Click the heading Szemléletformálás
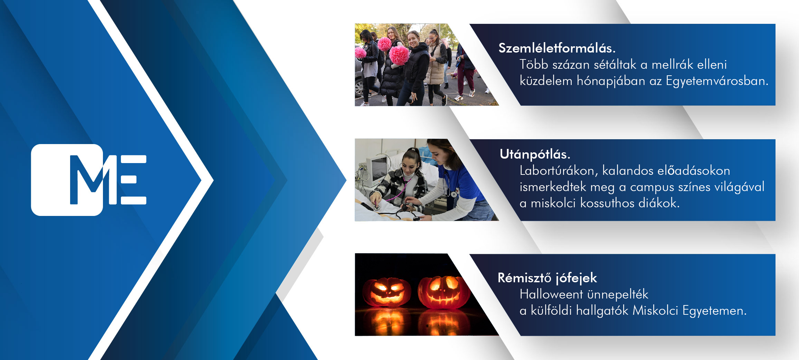[x=557, y=48]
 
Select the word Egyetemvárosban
[x=717, y=81]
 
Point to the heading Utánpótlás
[x=535, y=154]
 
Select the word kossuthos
[x=607, y=203]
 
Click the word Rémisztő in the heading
[x=524, y=278]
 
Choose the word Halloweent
[x=551, y=294]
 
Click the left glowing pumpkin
[x=386, y=292]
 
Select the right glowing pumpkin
[x=444, y=292]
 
